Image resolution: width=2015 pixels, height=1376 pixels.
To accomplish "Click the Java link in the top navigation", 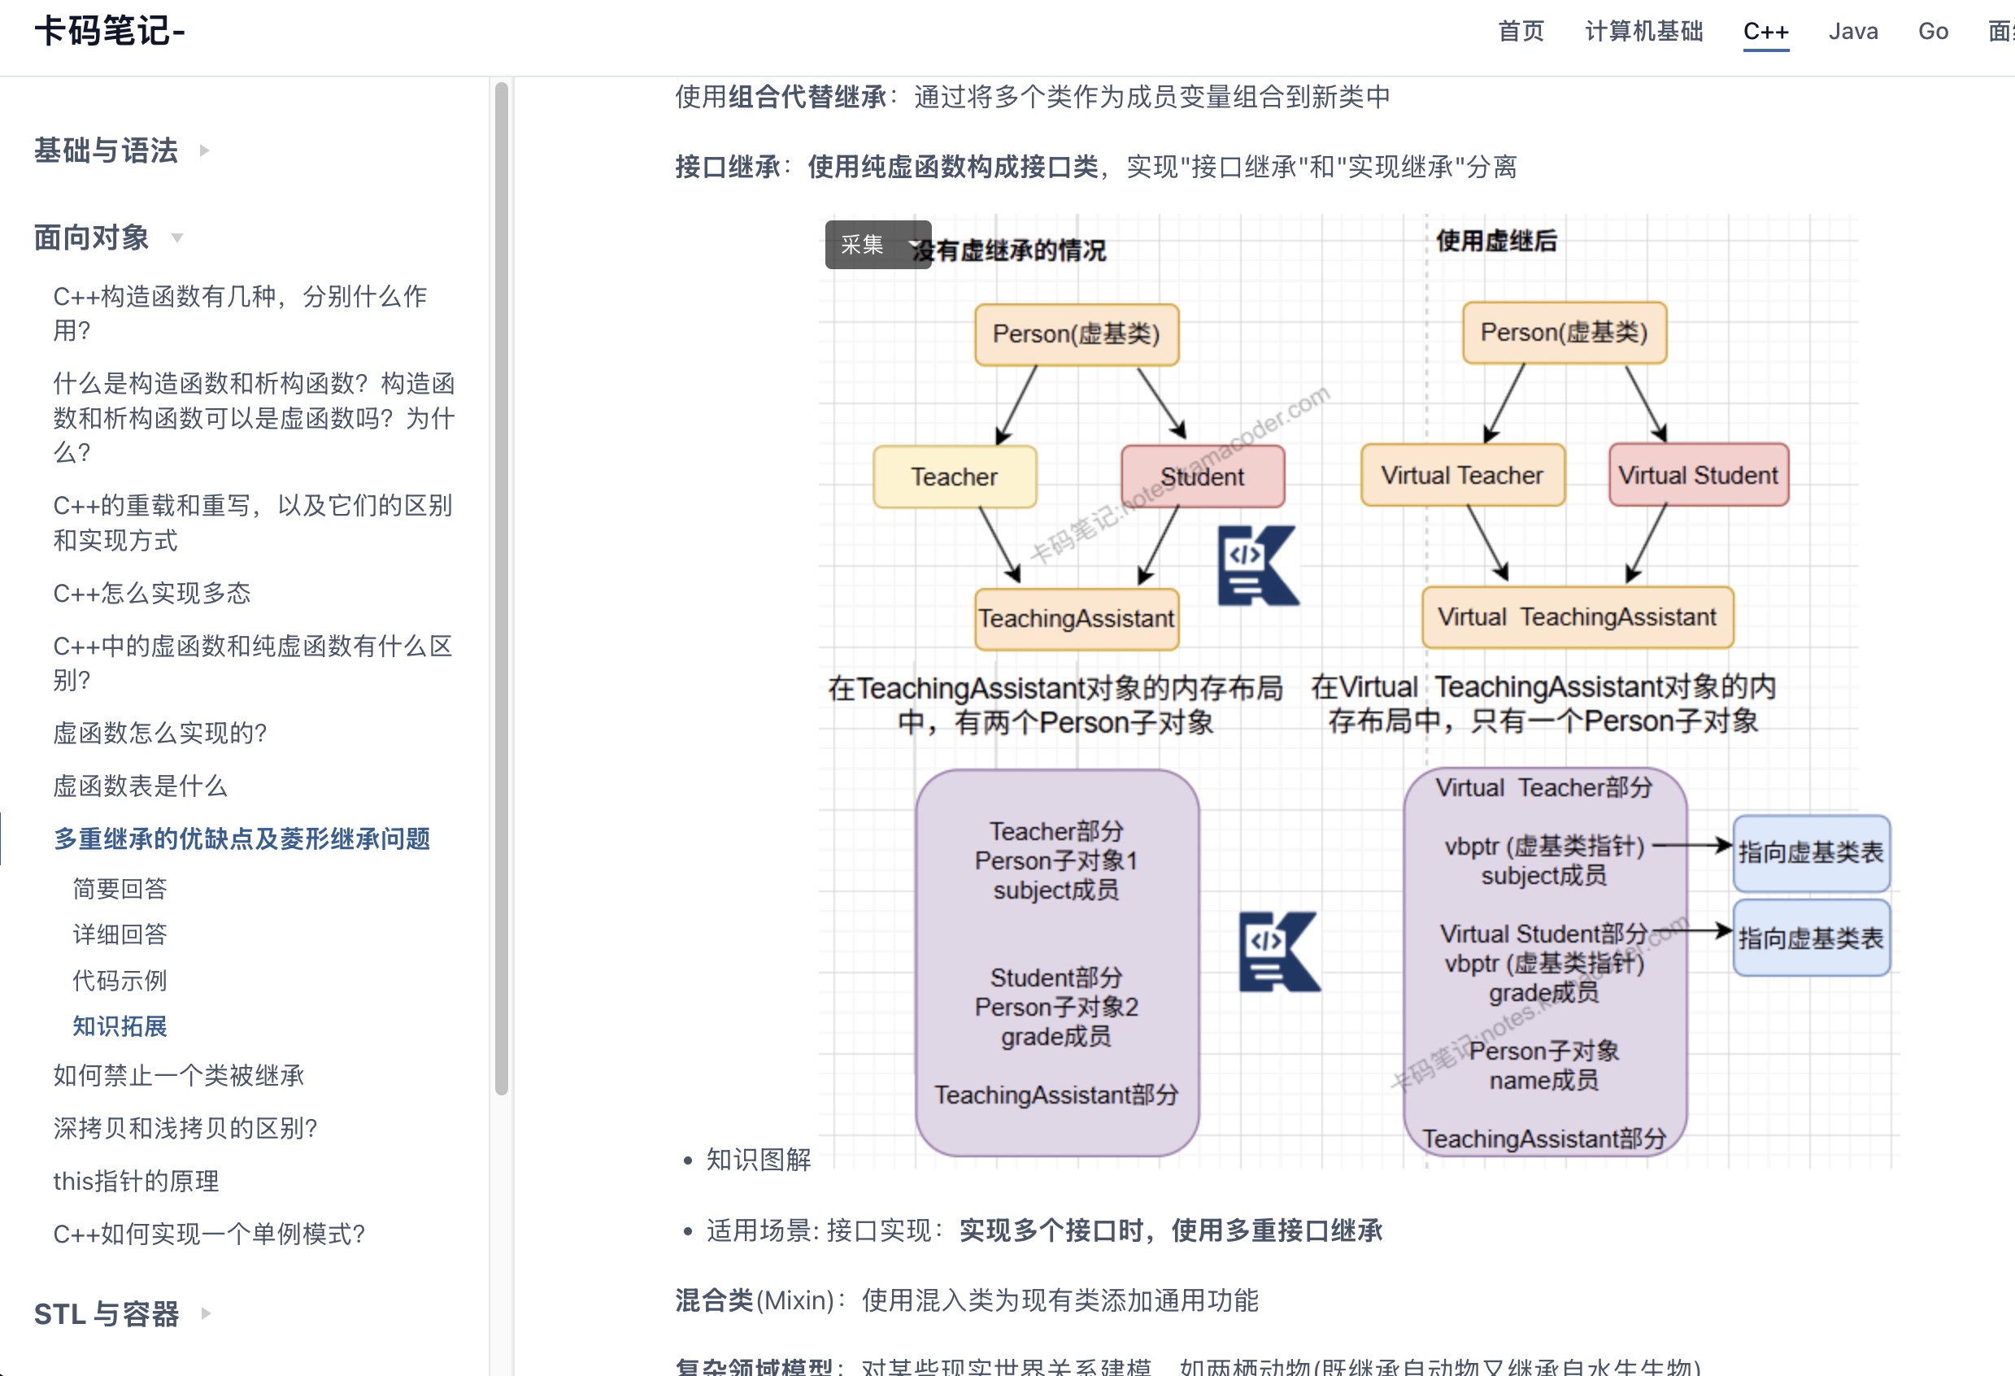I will pos(1853,32).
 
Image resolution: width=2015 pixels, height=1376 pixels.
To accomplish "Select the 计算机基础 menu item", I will pos(1643,32).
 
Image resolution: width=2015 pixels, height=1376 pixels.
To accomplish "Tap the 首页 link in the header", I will pos(1521,32).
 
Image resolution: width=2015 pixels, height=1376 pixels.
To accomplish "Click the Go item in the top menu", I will pos(1933,32).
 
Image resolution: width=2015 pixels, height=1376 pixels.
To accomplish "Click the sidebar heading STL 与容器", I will pos(107,1313).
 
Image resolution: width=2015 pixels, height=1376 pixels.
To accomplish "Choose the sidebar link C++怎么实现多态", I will pos(152,593).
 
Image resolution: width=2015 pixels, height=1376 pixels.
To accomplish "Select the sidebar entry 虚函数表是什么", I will pos(140,786).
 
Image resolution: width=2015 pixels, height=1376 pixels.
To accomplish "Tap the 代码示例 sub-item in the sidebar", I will pos(120,980).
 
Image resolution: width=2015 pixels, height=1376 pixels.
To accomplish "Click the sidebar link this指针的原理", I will pos(136,1181).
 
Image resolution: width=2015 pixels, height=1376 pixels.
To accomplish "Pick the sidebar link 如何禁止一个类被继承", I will pos(179,1075).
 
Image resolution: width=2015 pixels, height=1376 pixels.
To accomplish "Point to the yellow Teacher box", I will pos(955,477).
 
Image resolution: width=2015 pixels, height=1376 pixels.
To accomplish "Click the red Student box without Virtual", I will pos(1202,477).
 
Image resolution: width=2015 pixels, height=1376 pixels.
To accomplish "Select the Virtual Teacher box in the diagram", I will pos(1462,475).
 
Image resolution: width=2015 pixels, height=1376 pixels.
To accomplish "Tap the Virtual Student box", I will pos(1698,475).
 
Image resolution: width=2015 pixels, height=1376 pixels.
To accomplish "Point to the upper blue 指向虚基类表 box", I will pos(1810,852).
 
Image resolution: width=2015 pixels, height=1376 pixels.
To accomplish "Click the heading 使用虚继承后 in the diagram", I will pos(1496,241).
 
